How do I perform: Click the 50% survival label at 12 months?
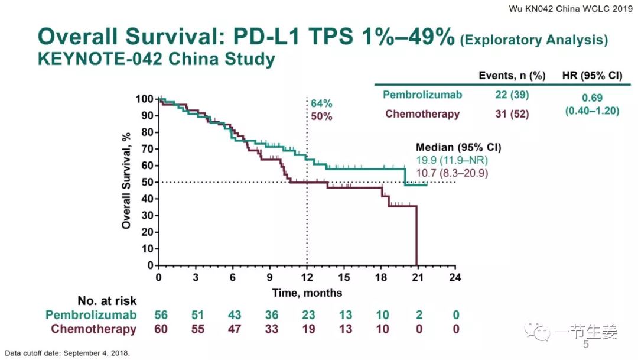(x=321, y=116)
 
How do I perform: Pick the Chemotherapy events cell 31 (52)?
(x=512, y=114)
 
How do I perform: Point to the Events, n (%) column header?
(x=512, y=76)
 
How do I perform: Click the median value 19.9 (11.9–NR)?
(x=448, y=160)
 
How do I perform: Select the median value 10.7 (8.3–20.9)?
(x=452, y=173)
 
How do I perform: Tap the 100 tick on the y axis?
(x=144, y=99)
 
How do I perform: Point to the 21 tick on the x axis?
(x=417, y=277)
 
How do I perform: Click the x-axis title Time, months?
(x=307, y=293)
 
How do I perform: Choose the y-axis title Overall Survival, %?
(x=126, y=181)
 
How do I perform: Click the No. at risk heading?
(x=107, y=301)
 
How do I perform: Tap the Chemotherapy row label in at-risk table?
(x=93, y=329)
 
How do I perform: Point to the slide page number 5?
(x=586, y=344)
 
